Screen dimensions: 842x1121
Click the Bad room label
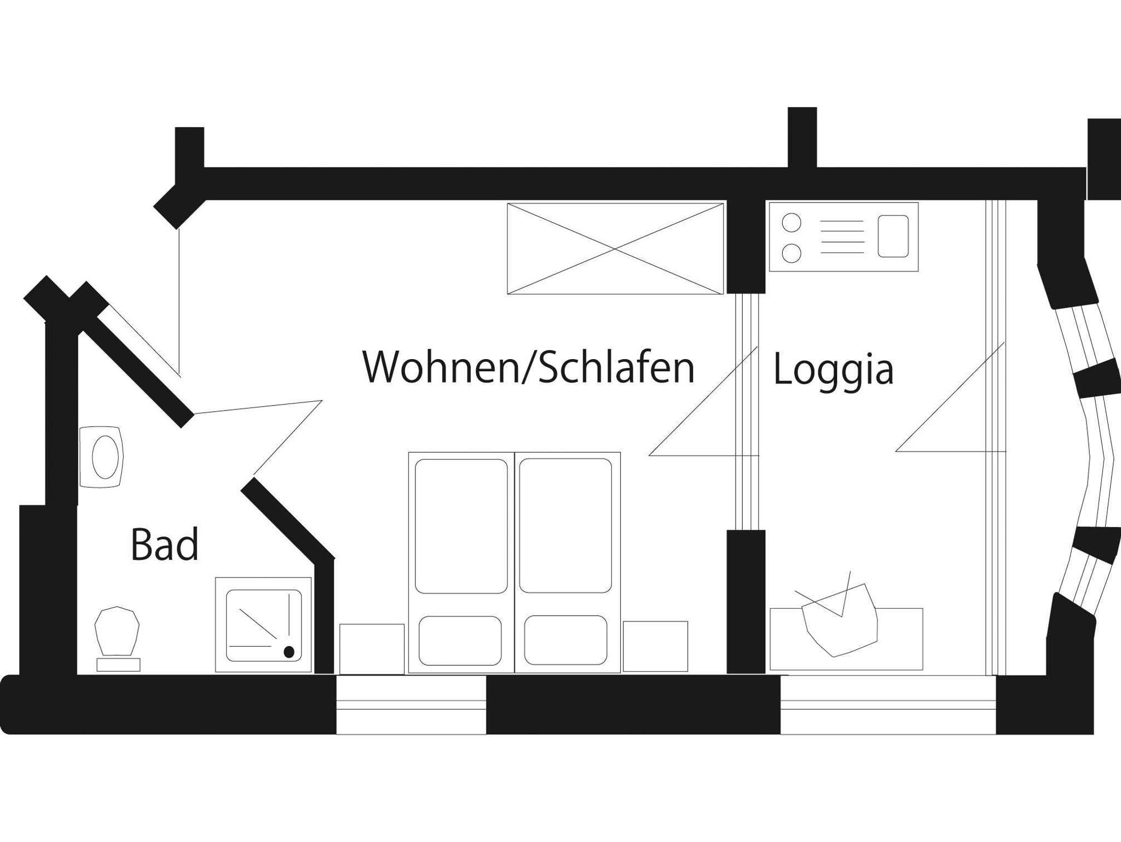(x=164, y=545)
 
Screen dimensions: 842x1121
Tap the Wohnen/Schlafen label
(x=528, y=367)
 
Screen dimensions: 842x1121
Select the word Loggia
(x=833, y=370)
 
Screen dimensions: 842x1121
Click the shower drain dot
(x=289, y=651)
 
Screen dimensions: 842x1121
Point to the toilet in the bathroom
(x=117, y=631)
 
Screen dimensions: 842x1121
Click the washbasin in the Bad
(x=104, y=457)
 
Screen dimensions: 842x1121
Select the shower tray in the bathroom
(x=263, y=624)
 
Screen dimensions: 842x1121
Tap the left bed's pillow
(x=460, y=641)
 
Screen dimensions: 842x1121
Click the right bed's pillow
(x=565, y=641)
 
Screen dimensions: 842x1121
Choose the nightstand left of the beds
(x=372, y=649)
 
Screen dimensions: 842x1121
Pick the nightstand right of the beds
(x=655, y=646)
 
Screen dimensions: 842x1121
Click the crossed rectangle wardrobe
(x=615, y=249)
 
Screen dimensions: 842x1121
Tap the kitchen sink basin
(x=893, y=236)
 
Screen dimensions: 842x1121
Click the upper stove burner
(x=791, y=223)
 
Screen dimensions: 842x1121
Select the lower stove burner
(x=791, y=253)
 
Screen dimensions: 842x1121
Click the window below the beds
(x=411, y=705)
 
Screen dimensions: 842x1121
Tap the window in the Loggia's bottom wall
(x=888, y=705)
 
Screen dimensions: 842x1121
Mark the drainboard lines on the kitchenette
(x=842, y=237)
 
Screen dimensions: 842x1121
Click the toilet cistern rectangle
(x=118, y=665)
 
